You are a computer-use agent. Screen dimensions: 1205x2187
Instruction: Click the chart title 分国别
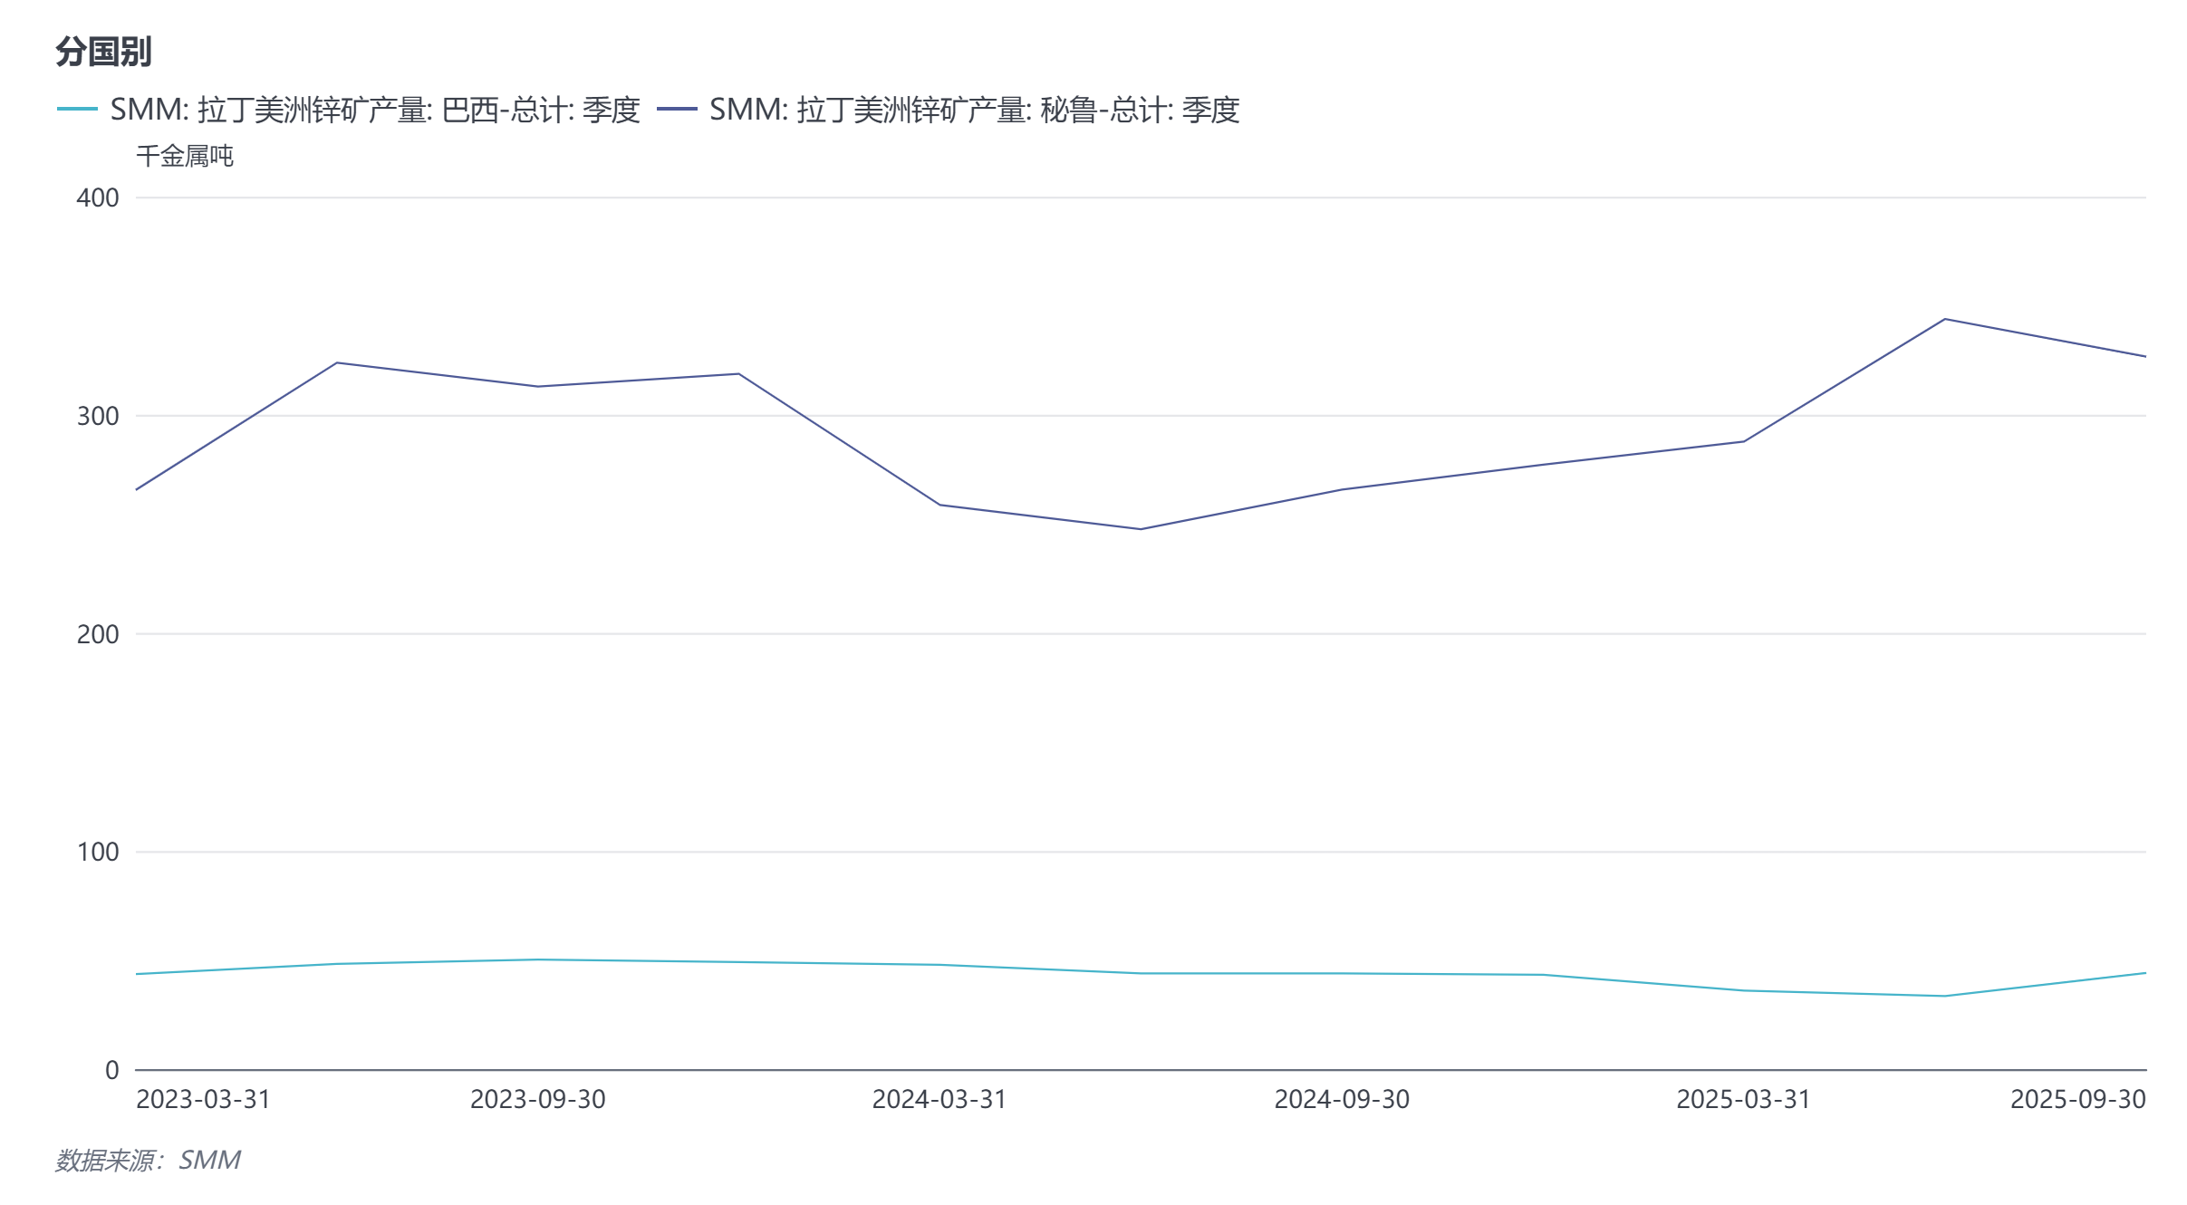(x=103, y=52)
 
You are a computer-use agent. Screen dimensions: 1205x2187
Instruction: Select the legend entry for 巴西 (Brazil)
(x=349, y=110)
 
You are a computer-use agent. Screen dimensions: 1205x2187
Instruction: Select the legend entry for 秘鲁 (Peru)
(x=948, y=110)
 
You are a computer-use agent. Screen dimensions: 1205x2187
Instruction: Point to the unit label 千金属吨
(x=185, y=156)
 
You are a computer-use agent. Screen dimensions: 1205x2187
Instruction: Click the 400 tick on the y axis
(x=98, y=198)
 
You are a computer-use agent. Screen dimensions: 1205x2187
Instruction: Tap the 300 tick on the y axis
(x=98, y=416)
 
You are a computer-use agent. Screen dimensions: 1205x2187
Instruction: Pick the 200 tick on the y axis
(x=98, y=634)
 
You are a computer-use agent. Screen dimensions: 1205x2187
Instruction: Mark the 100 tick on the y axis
(x=98, y=852)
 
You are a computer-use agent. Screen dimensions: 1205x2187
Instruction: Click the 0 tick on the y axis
(x=111, y=1070)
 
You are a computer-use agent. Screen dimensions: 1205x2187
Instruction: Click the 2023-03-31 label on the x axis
(x=203, y=1099)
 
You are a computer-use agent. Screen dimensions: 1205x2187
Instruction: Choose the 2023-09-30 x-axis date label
(x=537, y=1099)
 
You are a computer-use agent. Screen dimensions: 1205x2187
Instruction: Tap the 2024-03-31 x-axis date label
(x=939, y=1099)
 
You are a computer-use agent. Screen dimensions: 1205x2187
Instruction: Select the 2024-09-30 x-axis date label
(x=1342, y=1099)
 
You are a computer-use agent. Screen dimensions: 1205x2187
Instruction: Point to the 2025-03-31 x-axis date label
(x=1743, y=1099)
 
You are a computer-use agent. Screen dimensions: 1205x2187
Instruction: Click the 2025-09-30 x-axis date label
(x=2077, y=1099)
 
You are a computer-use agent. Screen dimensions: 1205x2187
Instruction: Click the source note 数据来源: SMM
(x=148, y=1160)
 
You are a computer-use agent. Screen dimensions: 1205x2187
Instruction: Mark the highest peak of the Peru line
(x=1944, y=319)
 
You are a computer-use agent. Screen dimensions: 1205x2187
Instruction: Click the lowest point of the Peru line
(x=1141, y=529)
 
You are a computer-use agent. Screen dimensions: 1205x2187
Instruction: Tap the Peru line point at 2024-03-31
(x=939, y=505)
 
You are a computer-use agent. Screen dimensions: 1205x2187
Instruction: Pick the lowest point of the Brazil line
(x=1944, y=996)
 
